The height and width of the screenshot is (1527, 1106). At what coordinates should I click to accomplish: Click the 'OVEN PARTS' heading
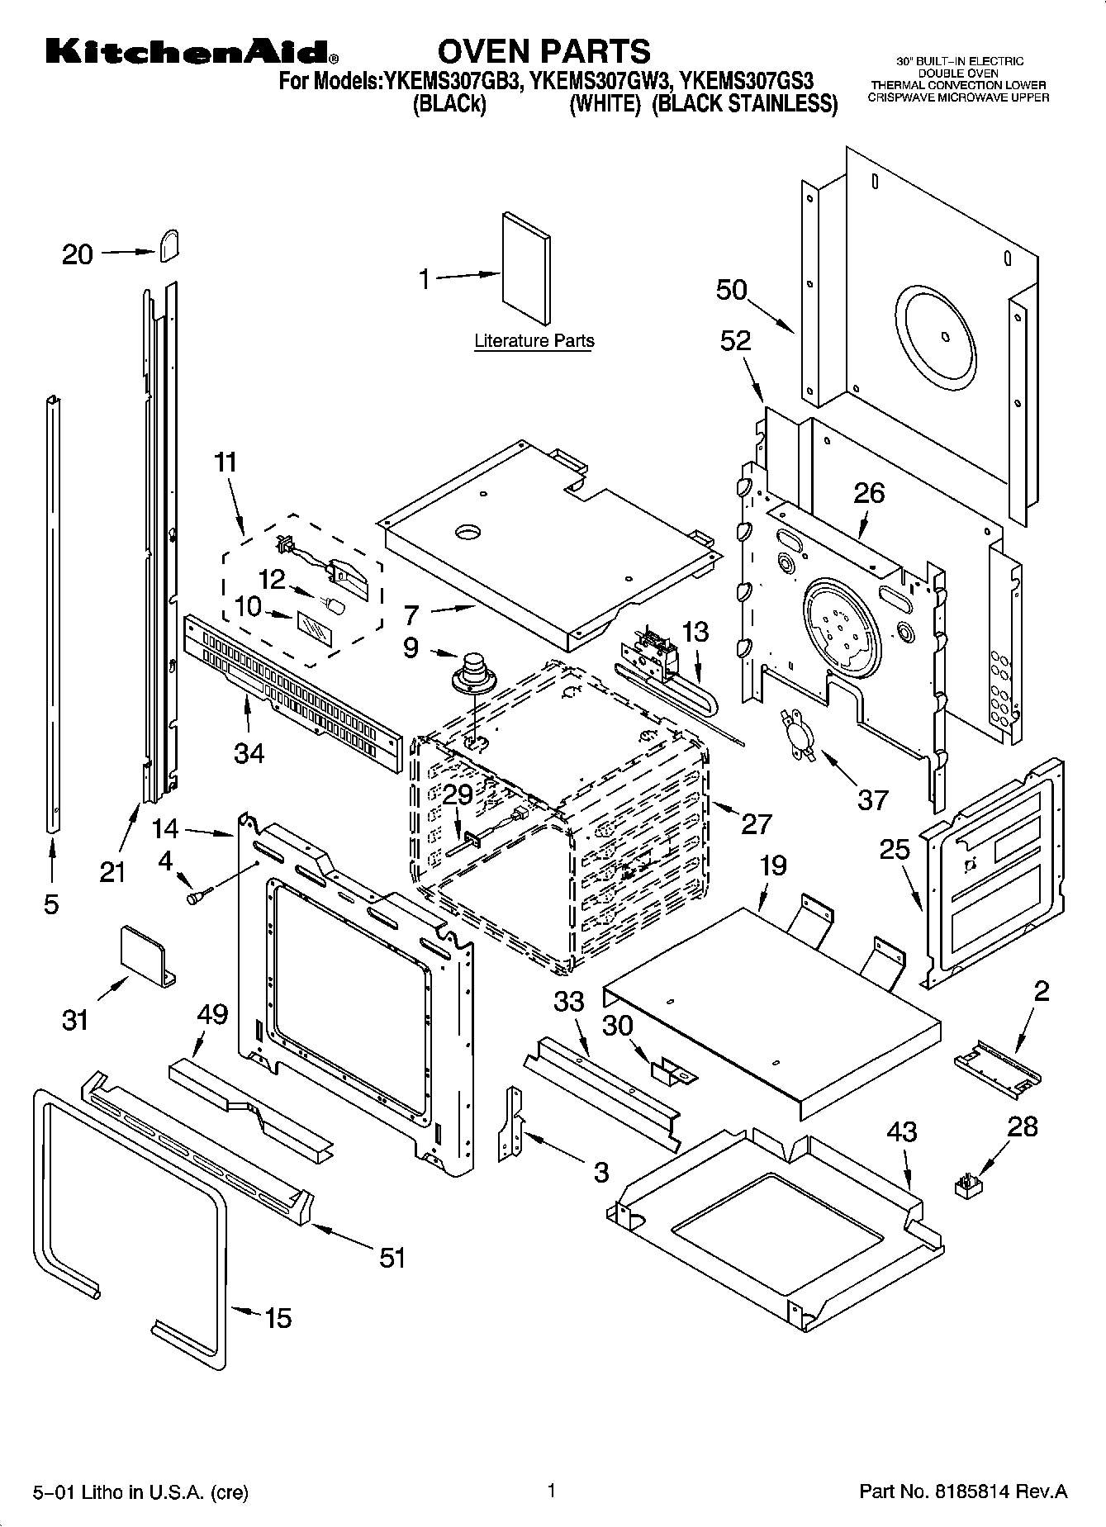tap(544, 51)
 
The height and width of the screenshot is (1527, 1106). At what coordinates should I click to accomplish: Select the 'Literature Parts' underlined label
tap(534, 340)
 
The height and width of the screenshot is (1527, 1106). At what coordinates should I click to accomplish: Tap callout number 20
tap(78, 254)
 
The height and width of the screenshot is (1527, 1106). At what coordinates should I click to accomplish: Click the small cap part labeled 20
tap(169, 244)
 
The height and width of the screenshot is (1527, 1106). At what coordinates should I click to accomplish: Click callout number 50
tap(732, 290)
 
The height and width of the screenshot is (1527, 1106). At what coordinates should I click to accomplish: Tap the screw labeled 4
tap(198, 894)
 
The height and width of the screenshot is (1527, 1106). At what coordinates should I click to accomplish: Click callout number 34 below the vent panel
tap(249, 752)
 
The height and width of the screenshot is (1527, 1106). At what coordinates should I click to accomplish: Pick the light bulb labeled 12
tap(335, 605)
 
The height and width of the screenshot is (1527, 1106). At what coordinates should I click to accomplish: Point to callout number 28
tap(1023, 1126)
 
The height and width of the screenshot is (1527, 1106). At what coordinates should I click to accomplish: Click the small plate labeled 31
tap(147, 955)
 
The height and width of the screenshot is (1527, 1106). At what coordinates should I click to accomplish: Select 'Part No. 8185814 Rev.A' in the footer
tap(963, 1491)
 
